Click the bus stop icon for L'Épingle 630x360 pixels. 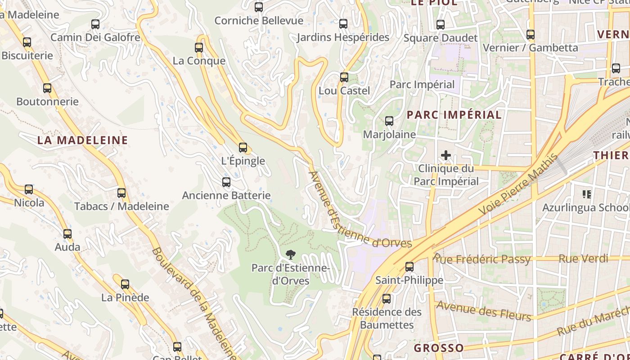click(x=243, y=147)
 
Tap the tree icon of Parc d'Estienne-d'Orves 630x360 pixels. click(x=291, y=255)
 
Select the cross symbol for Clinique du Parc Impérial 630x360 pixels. click(x=446, y=156)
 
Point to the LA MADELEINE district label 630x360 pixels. click(x=83, y=140)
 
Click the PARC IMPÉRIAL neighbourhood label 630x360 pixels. click(x=454, y=115)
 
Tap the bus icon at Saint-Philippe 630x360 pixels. click(x=409, y=267)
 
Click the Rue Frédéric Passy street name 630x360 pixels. click(x=481, y=259)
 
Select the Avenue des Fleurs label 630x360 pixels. click(x=484, y=310)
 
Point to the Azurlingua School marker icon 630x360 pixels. click(x=587, y=194)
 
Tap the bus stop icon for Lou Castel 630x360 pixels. click(x=344, y=77)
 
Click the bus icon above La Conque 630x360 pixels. click(x=199, y=47)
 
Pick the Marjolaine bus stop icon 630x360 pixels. click(x=389, y=121)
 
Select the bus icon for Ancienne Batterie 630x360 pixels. click(x=226, y=182)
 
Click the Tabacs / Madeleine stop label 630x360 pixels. click(x=121, y=207)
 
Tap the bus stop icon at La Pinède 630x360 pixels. click(x=125, y=284)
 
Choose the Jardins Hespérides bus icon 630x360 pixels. click(x=343, y=24)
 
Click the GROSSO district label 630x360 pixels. click(x=439, y=348)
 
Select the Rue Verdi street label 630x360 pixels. click(x=583, y=259)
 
